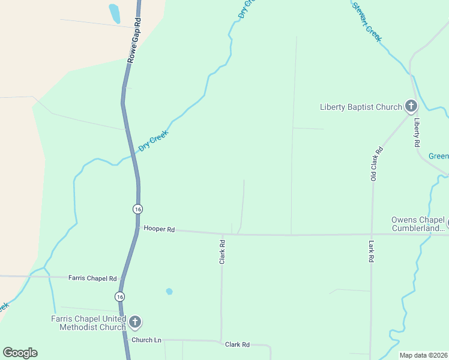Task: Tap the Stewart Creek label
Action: click(367, 22)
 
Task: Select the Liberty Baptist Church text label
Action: click(361, 107)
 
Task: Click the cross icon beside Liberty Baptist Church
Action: click(411, 107)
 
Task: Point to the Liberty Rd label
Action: click(417, 133)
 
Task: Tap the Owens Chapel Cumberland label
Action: click(418, 224)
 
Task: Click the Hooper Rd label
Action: click(159, 229)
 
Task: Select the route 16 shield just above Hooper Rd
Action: click(138, 209)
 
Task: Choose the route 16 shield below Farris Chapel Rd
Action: click(121, 297)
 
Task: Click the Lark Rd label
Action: click(371, 251)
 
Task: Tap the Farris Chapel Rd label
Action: click(92, 278)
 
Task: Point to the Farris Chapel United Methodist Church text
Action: click(92, 323)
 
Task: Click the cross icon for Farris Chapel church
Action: click(135, 323)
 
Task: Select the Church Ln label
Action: click(147, 340)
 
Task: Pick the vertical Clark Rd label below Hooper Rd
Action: click(222, 252)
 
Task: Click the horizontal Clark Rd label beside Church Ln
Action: click(237, 345)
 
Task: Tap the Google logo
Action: click(20, 353)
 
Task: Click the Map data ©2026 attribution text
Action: click(423, 355)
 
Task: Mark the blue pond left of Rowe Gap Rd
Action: click(114, 13)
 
